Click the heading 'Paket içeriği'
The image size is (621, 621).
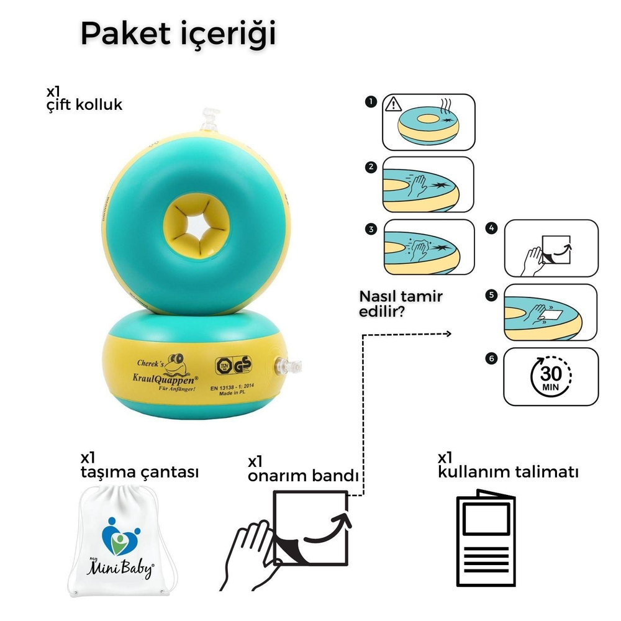pyautogui.click(x=178, y=34)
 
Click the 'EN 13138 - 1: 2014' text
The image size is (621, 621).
pyautogui.click(x=236, y=388)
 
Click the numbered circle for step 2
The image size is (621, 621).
pyautogui.click(x=371, y=167)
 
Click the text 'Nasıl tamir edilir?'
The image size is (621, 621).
pyautogui.click(x=401, y=303)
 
